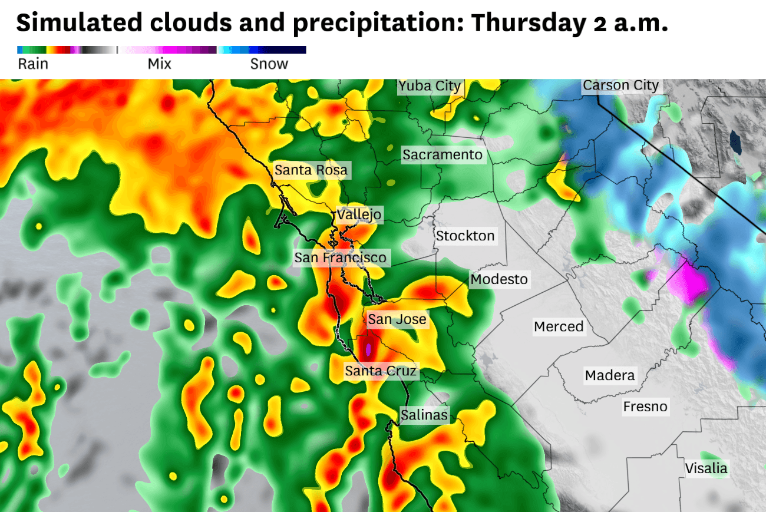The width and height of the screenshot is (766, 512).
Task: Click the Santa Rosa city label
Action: (311, 171)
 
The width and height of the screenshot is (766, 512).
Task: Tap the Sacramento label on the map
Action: (443, 156)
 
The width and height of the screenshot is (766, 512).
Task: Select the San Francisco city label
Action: (341, 257)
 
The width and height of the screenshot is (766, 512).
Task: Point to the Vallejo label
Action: (359, 214)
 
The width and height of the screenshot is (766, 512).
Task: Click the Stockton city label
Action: (465, 236)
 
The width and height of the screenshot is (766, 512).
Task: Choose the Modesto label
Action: (499, 279)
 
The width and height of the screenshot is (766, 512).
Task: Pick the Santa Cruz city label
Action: (381, 371)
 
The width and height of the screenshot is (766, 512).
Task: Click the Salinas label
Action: (424, 415)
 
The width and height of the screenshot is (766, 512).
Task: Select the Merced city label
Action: (559, 326)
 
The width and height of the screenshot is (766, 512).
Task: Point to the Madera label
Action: (610, 375)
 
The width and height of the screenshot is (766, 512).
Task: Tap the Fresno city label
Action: (646, 407)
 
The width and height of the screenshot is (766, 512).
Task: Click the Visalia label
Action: (706, 469)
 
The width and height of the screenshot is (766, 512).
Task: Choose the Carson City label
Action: (620, 85)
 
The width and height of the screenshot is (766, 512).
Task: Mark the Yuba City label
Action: (430, 87)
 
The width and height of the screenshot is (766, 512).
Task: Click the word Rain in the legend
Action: (33, 64)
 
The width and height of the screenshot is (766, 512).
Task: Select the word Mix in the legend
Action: (159, 64)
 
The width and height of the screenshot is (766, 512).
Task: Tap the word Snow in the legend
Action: (269, 64)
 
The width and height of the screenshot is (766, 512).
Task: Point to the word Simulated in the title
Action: (79, 24)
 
